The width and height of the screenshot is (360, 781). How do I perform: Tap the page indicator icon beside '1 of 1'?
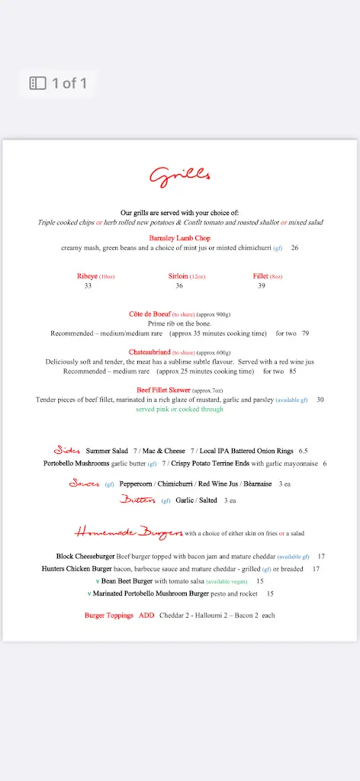(x=38, y=83)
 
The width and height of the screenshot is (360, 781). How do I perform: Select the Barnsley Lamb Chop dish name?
(x=179, y=238)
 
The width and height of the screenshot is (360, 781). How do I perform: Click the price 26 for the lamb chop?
(x=294, y=248)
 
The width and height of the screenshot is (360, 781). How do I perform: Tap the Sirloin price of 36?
(x=179, y=286)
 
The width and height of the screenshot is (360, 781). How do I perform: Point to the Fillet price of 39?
(x=262, y=286)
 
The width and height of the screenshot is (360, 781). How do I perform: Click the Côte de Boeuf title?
(x=149, y=314)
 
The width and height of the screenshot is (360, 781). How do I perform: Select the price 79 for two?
(x=305, y=333)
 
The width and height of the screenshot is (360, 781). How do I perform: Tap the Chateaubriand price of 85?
(x=293, y=371)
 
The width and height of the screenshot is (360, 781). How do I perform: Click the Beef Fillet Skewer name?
(x=164, y=390)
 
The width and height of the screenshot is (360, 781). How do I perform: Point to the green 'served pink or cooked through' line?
(x=179, y=410)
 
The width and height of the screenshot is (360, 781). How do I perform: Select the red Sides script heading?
(x=67, y=451)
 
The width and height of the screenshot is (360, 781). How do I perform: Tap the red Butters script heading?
(x=137, y=500)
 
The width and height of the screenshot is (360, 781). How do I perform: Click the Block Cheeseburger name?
(x=85, y=557)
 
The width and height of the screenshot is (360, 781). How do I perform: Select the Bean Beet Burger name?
(x=127, y=581)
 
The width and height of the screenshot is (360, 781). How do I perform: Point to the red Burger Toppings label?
(x=108, y=615)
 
